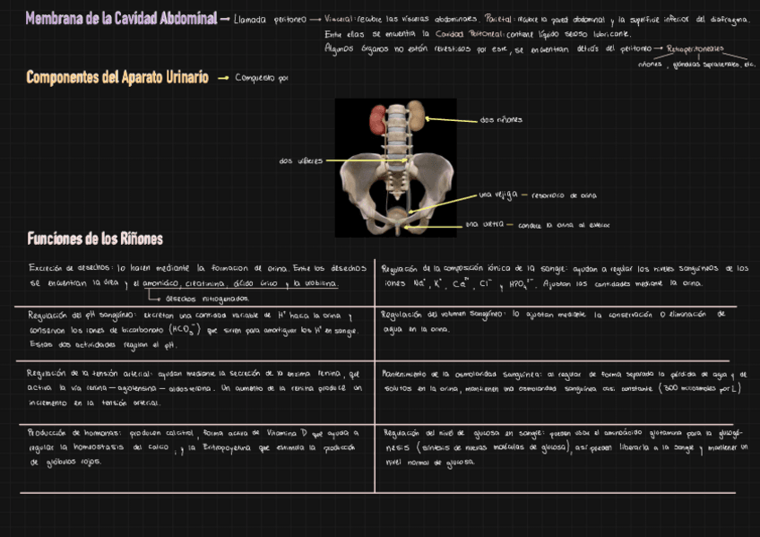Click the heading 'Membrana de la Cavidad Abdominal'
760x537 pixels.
tap(120, 18)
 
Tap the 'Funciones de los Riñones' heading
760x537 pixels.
tap(95, 238)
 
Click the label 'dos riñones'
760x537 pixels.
tap(502, 119)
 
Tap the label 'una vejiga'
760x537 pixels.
tap(497, 195)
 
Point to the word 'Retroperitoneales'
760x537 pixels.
tap(695, 49)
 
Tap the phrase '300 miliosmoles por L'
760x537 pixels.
tap(697, 388)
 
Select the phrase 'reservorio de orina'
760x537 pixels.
tap(564, 195)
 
